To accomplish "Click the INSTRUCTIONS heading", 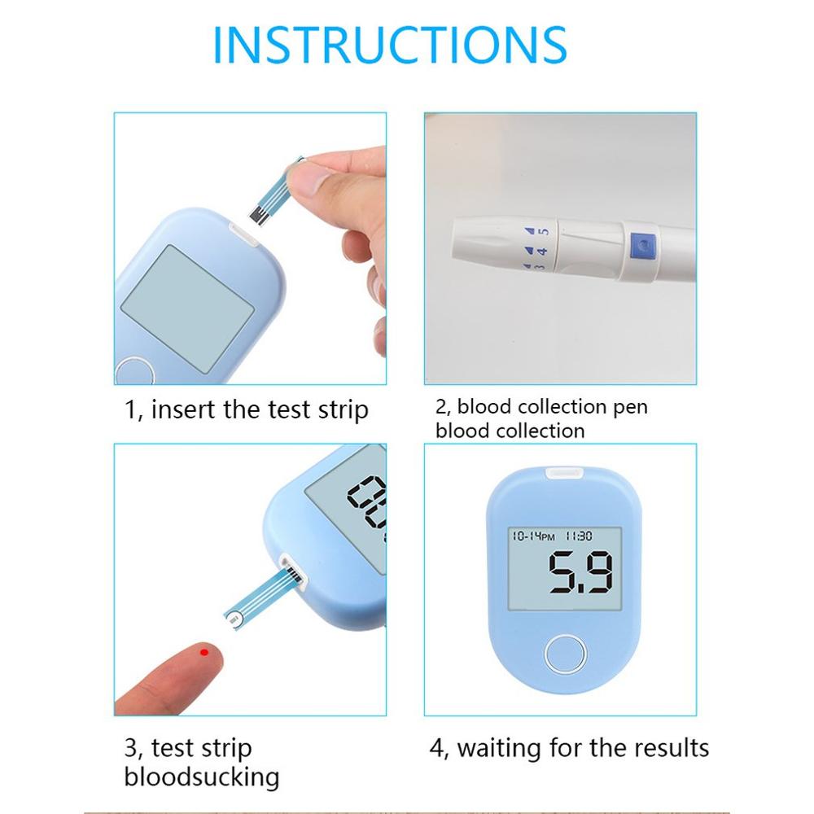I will (x=390, y=46).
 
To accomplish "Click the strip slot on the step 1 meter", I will (x=244, y=236).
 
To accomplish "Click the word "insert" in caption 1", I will (x=185, y=409).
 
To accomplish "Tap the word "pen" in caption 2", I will (x=631, y=406).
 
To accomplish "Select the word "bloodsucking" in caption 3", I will (x=201, y=777).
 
